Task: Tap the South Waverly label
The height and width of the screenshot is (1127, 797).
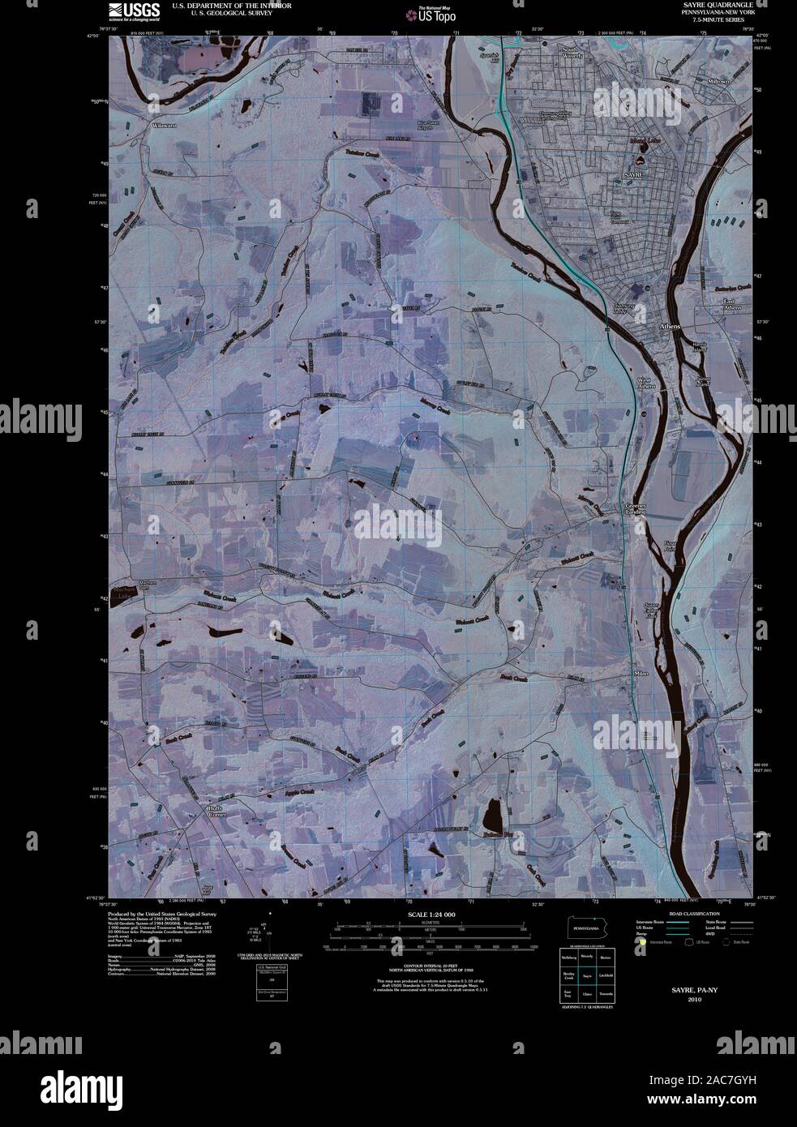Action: click(573, 53)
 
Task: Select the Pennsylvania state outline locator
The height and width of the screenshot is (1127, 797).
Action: click(584, 928)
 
